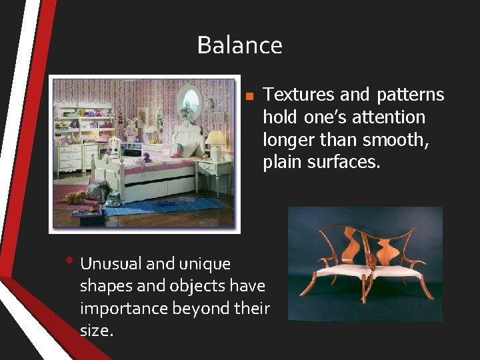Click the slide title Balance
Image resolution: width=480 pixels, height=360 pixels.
click(x=239, y=45)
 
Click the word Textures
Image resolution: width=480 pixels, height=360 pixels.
click(x=295, y=95)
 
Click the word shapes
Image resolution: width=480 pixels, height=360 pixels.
click(x=103, y=286)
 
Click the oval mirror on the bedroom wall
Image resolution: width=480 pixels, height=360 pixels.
click(x=190, y=101)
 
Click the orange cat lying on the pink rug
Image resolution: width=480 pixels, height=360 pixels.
click(x=75, y=197)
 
